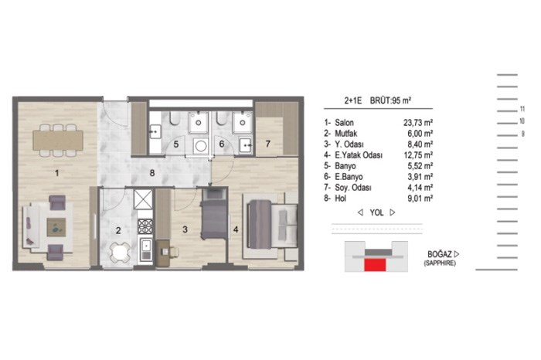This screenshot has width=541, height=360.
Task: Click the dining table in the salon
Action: coord(58,141)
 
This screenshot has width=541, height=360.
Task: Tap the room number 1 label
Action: coord(57,173)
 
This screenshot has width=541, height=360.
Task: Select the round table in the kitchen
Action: coord(120,252)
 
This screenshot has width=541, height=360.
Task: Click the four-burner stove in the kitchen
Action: coord(145,226)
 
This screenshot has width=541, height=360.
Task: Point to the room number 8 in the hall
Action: coord(152,173)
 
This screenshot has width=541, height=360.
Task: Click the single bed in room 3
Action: coord(214,215)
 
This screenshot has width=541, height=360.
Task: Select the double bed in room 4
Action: coord(272,224)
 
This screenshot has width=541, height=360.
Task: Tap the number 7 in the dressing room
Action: coord(267,144)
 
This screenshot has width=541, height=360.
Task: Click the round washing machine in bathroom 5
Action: coord(200,146)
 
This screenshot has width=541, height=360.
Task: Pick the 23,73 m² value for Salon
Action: coord(418,122)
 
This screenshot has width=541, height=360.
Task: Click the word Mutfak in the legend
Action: coord(345,134)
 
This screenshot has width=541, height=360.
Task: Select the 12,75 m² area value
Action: coord(419,155)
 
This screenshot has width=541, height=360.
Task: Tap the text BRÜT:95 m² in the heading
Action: coord(390,100)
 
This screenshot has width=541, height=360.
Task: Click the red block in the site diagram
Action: coord(375,265)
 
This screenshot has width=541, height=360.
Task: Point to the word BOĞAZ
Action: coord(440,254)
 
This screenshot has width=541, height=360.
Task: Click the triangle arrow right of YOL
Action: coord(393,212)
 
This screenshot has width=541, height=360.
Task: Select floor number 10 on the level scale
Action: coord(522,121)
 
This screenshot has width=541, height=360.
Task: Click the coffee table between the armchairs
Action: coord(56,227)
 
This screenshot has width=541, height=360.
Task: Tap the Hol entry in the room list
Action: coord(341,199)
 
